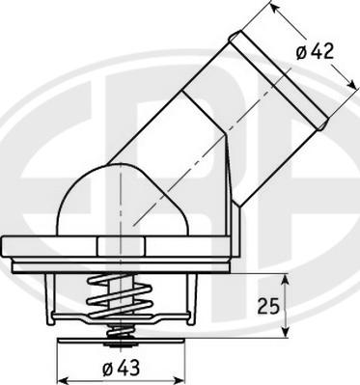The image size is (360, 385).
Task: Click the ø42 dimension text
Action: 316,52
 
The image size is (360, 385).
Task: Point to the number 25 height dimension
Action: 269,308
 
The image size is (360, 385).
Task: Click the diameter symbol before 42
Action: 302,52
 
